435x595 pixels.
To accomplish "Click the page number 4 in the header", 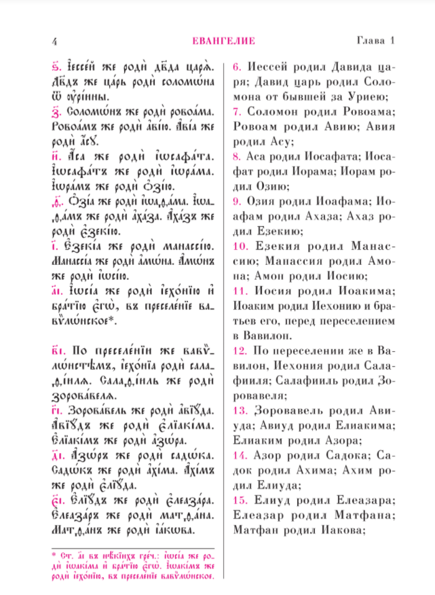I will tap(54, 41).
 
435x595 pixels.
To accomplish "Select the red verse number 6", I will tap(238, 67).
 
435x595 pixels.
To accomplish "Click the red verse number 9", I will tap(238, 202).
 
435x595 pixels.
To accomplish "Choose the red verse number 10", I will tap(240, 247).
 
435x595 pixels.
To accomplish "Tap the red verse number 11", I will tap(240, 291).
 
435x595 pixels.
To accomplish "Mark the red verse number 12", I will tap(240, 351).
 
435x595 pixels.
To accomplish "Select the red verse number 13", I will tap(240, 411).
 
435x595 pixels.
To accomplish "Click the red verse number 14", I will tap(240, 456).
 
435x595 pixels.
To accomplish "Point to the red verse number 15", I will tap(240, 501).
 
